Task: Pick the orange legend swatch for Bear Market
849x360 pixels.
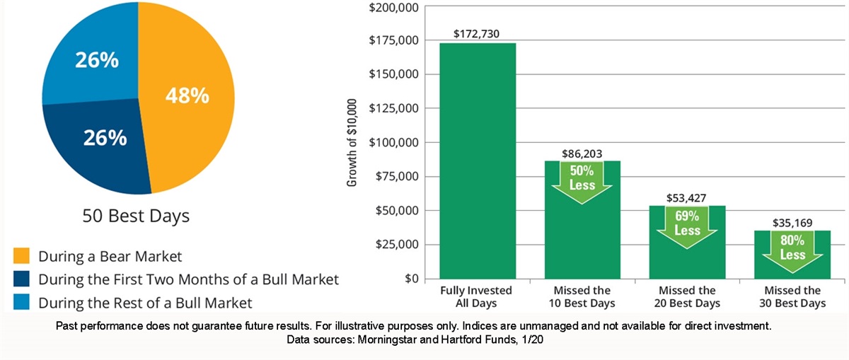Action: [21, 255]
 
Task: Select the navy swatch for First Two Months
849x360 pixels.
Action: [21, 279]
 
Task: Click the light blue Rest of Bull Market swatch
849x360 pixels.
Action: [21, 303]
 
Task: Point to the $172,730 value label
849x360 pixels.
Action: [478, 33]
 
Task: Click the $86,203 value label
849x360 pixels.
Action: [582, 151]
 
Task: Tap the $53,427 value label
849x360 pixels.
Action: [687, 197]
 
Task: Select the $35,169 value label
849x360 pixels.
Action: [792, 222]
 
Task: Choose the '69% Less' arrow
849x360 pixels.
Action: [687, 226]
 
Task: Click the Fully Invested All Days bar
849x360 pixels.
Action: [478, 163]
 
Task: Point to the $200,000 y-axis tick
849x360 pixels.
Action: [394, 7]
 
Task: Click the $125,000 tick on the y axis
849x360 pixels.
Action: [394, 108]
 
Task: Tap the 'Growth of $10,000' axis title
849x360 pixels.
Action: [352, 142]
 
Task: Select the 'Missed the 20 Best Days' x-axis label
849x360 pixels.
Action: [687, 297]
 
